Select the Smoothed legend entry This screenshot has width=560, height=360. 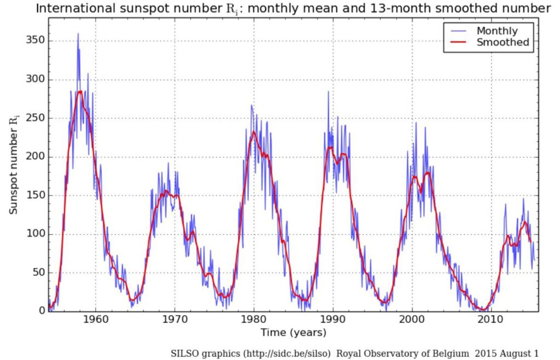pyautogui.click(x=503, y=43)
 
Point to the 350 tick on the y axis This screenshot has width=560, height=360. pyautogui.click(x=36, y=41)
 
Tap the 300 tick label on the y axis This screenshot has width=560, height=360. pyautogui.click(x=36, y=80)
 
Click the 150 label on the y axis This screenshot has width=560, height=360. pyautogui.click(x=36, y=196)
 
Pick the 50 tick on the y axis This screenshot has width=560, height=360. pyautogui.click(x=39, y=273)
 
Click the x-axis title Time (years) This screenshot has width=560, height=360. pyautogui.click(x=293, y=333)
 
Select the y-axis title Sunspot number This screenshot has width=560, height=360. pyautogui.click(x=13, y=164)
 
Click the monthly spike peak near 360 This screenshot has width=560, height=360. pyautogui.click(x=78, y=33)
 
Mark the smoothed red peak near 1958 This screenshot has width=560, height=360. pyautogui.click(x=80, y=91)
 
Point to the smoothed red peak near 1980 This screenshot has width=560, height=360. pyautogui.click(x=254, y=131)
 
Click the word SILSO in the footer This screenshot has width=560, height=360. pyautogui.click(x=186, y=353)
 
